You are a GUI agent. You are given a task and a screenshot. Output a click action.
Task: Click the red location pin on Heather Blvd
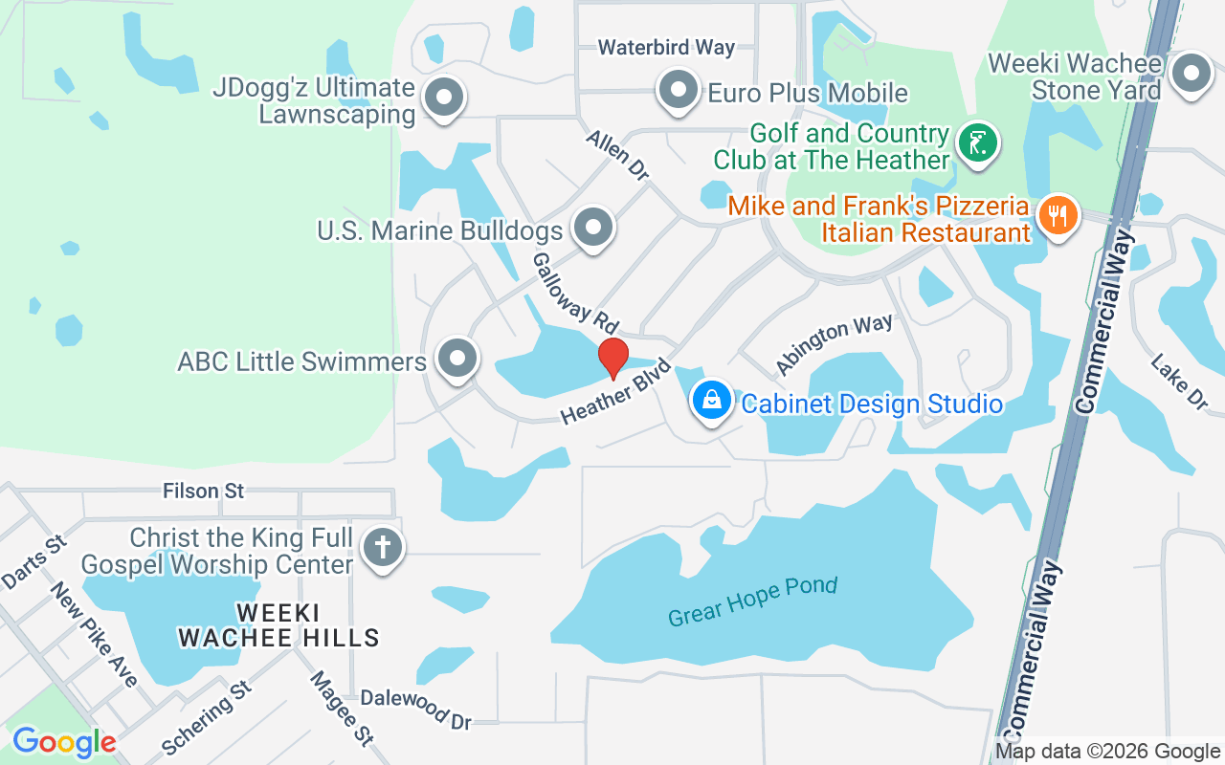tap(612, 358)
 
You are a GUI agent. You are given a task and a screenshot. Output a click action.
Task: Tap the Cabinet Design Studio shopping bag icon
tap(712, 401)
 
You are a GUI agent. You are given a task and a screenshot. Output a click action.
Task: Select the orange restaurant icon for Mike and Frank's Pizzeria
tap(1058, 215)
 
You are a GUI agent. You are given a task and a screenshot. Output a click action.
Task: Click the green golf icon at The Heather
tap(977, 144)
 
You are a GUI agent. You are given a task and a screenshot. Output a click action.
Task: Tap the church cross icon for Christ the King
tap(383, 549)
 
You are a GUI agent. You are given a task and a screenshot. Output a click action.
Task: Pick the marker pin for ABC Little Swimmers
tap(457, 359)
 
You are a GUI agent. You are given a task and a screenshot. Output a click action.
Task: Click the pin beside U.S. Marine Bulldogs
tap(593, 228)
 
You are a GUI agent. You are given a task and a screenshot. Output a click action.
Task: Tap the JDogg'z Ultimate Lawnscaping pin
tap(444, 98)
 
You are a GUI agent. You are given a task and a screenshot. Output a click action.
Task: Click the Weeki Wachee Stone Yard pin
tap(1192, 74)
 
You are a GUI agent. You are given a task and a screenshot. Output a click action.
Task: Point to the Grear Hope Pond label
tap(752, 601)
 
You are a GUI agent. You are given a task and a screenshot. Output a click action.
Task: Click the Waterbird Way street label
tap(666, 47)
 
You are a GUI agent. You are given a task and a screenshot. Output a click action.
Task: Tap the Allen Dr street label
tap(618, 156)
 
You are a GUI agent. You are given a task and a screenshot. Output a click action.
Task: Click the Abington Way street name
tap(834, 343)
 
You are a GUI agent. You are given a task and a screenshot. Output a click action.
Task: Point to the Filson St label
tap(204, 491)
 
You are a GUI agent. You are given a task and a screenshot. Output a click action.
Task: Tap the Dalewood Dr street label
tap(416, 709)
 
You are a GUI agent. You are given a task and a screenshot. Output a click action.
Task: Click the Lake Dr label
tap(1180, 382)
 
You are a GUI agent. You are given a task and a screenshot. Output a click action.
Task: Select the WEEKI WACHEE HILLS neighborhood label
tap(278, 624)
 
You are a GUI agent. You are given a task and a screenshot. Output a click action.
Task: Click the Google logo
tap(64, 742)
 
